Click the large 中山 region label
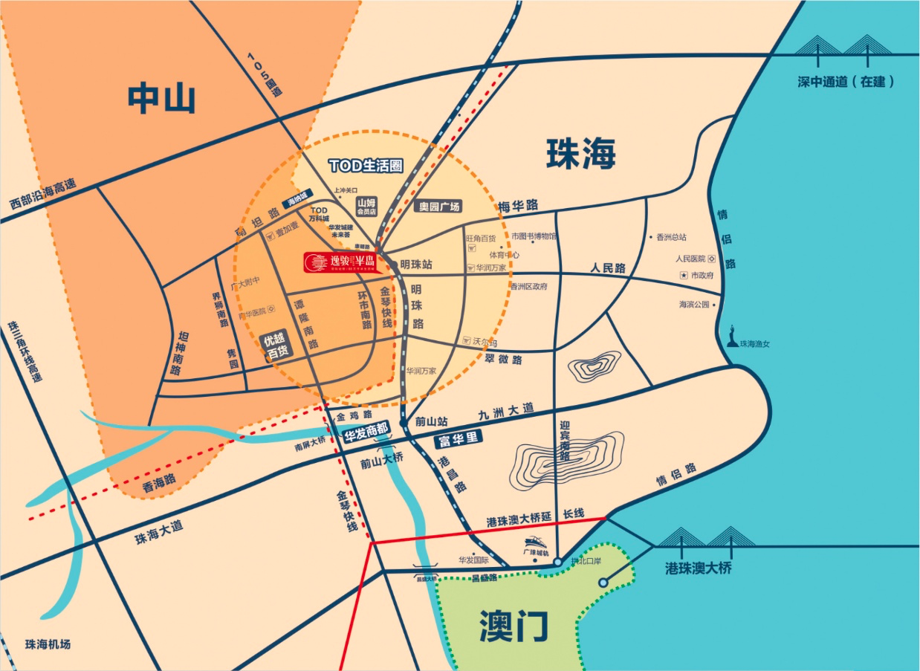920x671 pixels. pos(161,99)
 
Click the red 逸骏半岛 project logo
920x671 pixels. pos(340,261)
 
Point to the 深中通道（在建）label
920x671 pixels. pos(846,82)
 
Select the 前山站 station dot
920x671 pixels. pos(403,422)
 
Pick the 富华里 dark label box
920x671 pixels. pos(459,439)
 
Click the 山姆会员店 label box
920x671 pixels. pos(367,206)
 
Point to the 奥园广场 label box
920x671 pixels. pos(438,207)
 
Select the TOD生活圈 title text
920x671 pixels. pos(366,165)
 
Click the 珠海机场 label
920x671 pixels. pos(48,644)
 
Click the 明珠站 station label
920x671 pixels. pos(416,264)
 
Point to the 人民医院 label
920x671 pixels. pos(690,259)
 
